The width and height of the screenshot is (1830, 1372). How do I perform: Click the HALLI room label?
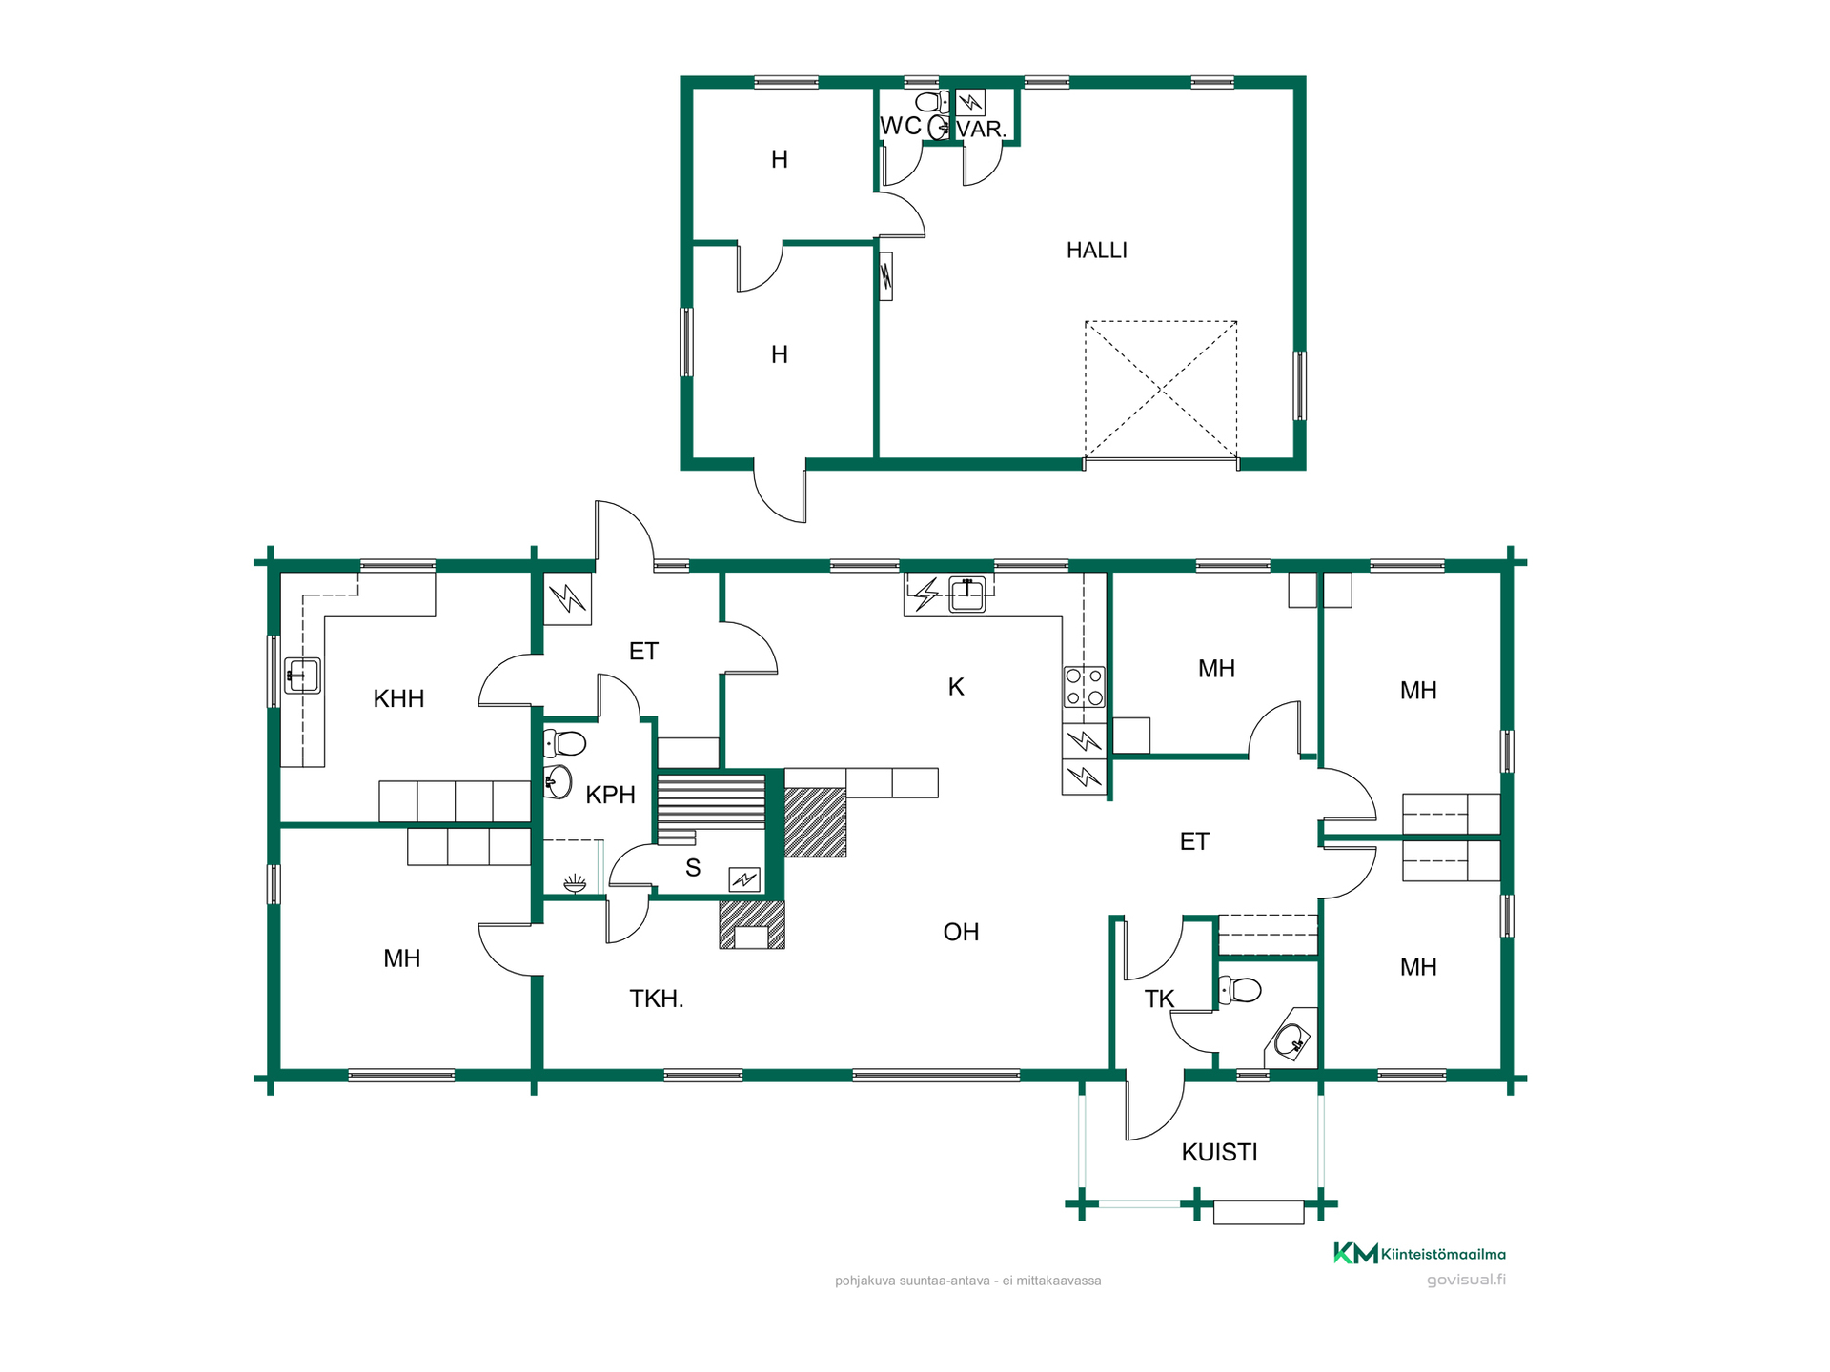pos(1096,251)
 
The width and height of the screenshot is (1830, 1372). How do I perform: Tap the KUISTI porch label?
pos(1219,1153)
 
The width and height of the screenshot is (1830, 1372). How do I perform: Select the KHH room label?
pos(398,699)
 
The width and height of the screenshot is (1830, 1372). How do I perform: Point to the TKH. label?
pos(657,999)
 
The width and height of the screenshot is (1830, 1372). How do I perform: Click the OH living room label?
pos(961,932)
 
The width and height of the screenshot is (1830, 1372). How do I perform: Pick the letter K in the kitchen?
pos(956,687)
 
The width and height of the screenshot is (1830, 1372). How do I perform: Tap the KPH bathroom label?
pos(610,795)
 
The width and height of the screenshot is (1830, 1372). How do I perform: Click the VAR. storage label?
pos(982,130)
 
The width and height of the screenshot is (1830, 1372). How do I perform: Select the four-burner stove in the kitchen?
pos(1085,687)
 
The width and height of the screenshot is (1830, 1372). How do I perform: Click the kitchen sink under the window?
pos(967,595)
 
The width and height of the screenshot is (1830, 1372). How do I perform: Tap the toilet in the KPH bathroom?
pos(564,742)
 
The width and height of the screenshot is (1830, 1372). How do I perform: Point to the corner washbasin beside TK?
pos(1291,1040)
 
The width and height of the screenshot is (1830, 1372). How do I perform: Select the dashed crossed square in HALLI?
pos(1161,390)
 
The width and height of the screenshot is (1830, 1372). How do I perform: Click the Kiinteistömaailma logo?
pos(1419,1254)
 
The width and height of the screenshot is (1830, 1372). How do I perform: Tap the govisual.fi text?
pos(1466,1280)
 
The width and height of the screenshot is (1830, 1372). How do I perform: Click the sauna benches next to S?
pos(711,810)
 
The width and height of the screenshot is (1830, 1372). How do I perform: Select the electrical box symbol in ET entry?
pos(567,598)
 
